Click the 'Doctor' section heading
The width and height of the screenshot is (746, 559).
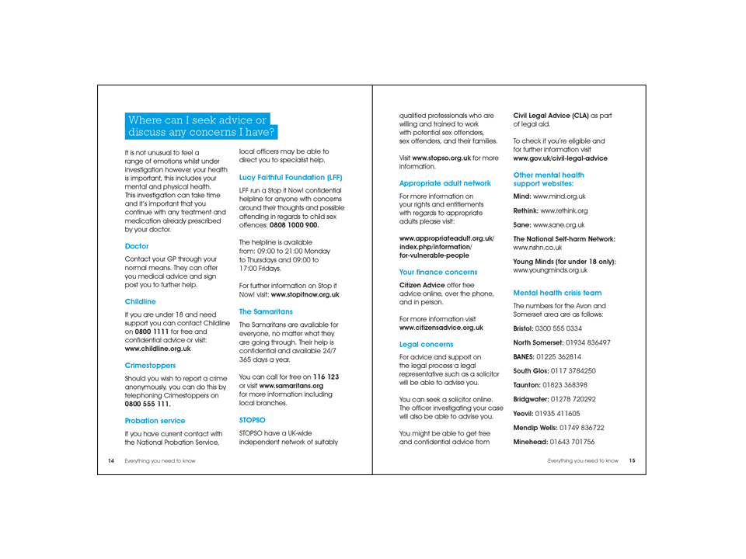click(x=137, y=245)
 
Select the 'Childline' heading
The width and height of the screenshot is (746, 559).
click(x=140, y=300)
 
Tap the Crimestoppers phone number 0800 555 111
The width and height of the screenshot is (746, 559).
click(x=148, y=404)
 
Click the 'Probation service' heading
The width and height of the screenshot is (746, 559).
click(x=155, y=420)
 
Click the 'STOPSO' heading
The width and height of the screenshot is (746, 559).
click(x=252, y=419)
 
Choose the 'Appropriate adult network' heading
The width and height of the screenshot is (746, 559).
click(x=444, y=183)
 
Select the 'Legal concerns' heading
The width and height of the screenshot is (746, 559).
click(x=426, y=342)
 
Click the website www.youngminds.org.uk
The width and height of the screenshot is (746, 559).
click(x=550, y=270)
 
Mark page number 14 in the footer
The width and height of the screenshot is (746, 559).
click(x=110, y=460)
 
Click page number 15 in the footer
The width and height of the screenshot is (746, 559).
click(x=632, y=460)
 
